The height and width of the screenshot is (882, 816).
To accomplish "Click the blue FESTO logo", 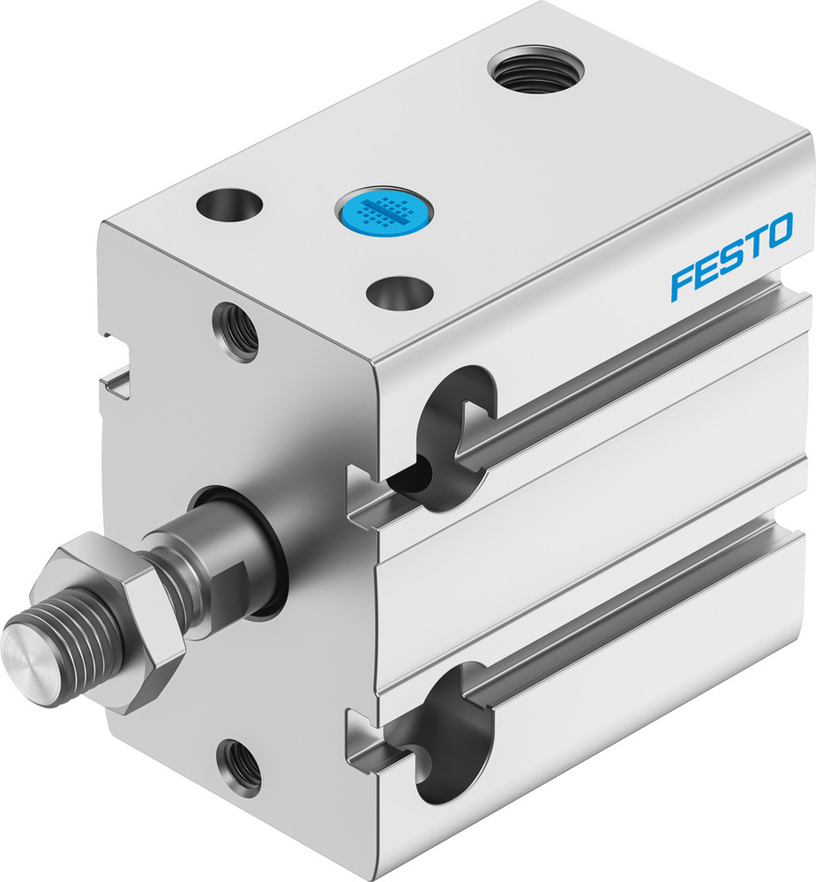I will (731, 256).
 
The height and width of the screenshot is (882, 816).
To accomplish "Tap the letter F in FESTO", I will (682, 283).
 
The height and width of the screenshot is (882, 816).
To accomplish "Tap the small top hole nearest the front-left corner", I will (230, 205).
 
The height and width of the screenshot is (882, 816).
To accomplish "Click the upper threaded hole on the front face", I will (237, 333).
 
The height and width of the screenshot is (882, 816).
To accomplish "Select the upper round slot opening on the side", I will (454, 432).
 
